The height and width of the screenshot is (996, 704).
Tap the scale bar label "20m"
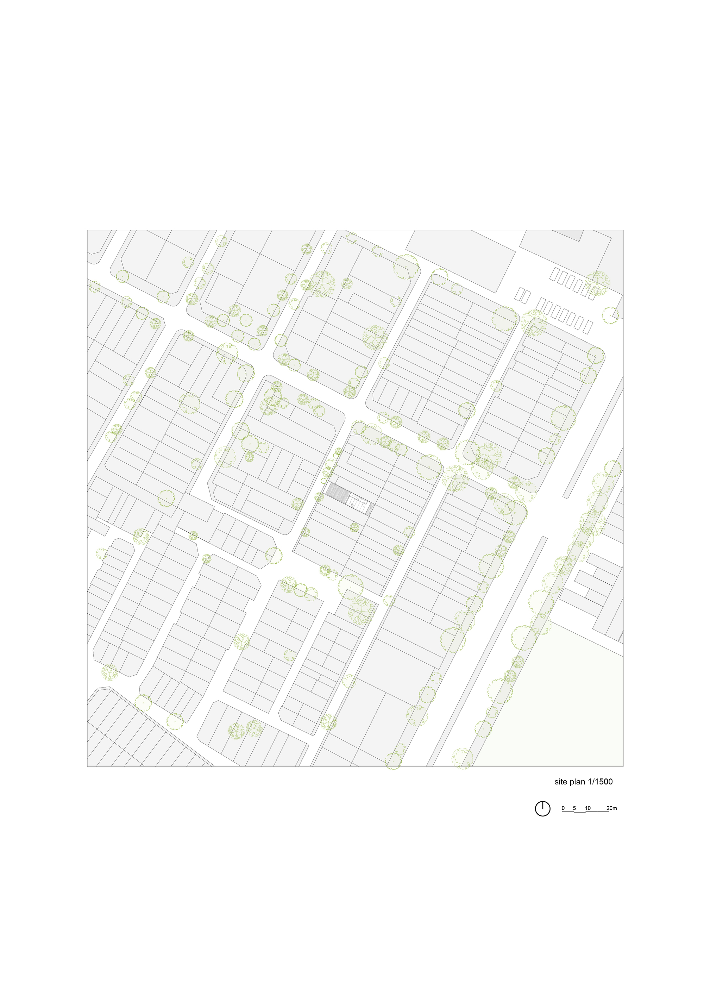611,808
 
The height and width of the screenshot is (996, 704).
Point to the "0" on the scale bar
563,808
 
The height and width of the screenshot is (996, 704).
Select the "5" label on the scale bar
574,808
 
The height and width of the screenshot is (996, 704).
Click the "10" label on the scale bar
588,808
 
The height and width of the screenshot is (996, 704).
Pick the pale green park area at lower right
564,712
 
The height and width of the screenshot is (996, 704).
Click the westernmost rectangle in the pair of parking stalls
519,294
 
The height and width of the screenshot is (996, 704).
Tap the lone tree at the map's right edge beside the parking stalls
610,315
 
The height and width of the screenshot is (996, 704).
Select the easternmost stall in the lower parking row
587,327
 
